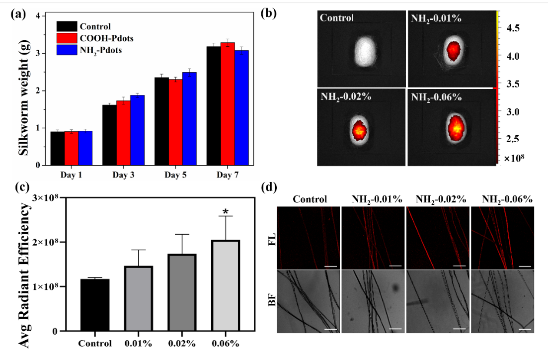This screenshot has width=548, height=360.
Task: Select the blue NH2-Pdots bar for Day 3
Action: click(137, 130)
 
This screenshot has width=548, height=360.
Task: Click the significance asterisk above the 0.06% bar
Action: click(226, 212)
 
